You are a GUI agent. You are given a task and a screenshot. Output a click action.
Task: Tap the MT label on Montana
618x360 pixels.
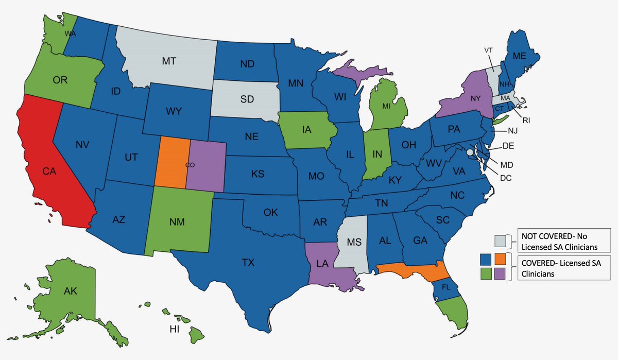coord(169,61)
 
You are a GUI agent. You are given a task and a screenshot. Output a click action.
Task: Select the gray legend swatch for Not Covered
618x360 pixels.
coord(500,240)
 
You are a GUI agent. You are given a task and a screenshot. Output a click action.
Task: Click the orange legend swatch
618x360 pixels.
coord(500,259)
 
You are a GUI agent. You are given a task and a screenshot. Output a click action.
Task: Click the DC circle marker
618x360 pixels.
coord(469,152)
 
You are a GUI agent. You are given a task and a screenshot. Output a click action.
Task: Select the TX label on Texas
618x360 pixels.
coord(248,263)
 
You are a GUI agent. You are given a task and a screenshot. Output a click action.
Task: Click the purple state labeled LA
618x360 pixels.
coord(322,264)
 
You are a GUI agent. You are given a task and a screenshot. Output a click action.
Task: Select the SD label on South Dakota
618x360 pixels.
coord(247,99)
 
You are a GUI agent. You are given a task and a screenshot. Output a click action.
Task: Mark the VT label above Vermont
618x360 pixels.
coord(488,50)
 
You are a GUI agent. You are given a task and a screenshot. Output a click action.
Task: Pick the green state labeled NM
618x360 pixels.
coord(178,222)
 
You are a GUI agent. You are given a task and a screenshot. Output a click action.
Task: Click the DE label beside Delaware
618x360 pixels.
coord(508,146)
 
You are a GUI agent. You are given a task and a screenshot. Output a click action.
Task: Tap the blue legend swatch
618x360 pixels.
coord(485,259)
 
